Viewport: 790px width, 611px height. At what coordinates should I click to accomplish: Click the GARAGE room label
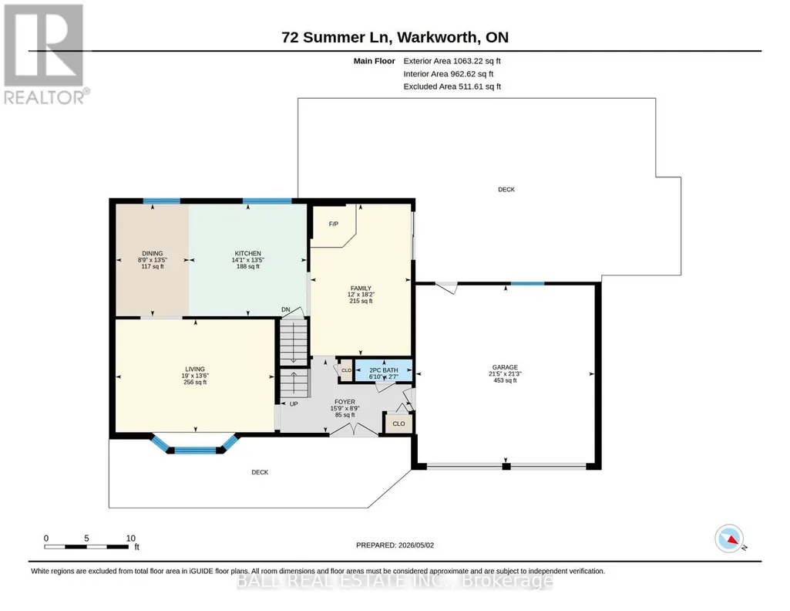(x=505, y=367)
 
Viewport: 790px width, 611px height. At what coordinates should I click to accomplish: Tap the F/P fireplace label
(x=334, y=224)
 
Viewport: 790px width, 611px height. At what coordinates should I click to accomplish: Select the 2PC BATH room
(x=384, y=370)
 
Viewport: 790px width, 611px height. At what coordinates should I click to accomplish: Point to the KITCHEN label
(x=248, y=254)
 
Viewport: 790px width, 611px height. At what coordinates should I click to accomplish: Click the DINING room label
(x=152, y=254)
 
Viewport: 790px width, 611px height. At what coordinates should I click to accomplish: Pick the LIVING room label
(x=195, y=369)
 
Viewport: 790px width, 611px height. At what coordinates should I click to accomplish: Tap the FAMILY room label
(x=361, y=289)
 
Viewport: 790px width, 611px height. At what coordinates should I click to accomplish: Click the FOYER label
(x=345, y=402)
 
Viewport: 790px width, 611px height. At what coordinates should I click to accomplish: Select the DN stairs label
(x=286, y=309)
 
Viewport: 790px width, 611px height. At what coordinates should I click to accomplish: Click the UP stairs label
(x=294, y=403)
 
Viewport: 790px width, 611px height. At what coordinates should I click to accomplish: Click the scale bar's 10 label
(x=130, y=538)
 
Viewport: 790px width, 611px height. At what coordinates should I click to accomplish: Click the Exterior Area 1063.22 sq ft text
(x=452, y=61)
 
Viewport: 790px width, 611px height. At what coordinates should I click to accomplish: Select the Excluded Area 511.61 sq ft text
(x=452, y=86)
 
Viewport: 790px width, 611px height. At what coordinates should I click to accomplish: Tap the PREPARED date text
(x=395, y=545)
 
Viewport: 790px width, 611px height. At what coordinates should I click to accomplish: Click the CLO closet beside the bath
(x=347, y=370)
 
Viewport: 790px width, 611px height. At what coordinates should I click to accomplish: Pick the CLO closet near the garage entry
(x=398, y=424)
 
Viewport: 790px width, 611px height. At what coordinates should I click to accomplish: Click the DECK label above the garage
(x=506, y=190)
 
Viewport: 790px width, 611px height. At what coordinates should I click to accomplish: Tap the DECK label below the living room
(x=260, y=472)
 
